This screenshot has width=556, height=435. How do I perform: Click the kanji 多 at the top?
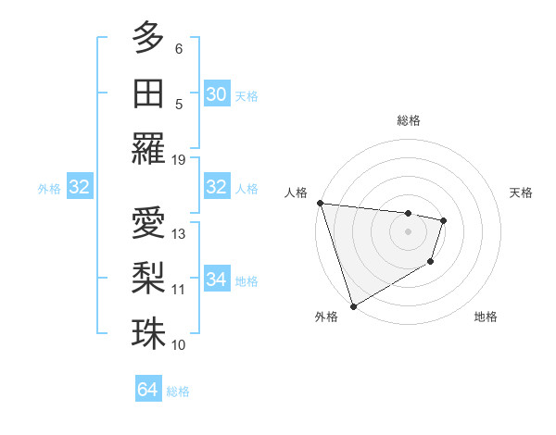[148, 39]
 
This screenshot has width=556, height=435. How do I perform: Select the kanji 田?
[148, 93]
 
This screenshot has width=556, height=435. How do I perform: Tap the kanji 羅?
[148, 149]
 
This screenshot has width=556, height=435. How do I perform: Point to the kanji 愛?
[148, 224]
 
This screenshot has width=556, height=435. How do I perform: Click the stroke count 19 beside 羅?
[179, 159]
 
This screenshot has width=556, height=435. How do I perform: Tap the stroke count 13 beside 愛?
[179, 233]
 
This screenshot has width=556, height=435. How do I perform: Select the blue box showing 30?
[216, 94]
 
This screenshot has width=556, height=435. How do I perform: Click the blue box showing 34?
[216, 280]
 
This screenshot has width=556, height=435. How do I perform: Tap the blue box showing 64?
[147, 390]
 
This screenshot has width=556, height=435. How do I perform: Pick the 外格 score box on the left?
[79, 187]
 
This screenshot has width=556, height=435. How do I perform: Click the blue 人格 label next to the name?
[246, 188]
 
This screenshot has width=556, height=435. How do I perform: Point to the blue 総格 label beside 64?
[178, 391]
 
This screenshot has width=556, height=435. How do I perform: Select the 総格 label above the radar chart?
[408, 120]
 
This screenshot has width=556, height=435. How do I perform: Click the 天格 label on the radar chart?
[521, 193]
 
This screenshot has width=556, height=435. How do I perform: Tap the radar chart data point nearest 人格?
[319, 203]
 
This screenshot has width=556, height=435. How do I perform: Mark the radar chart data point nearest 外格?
[353, 305]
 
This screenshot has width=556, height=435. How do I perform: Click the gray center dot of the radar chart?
[408, 231]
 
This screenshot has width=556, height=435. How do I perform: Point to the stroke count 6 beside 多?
[179, 48]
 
